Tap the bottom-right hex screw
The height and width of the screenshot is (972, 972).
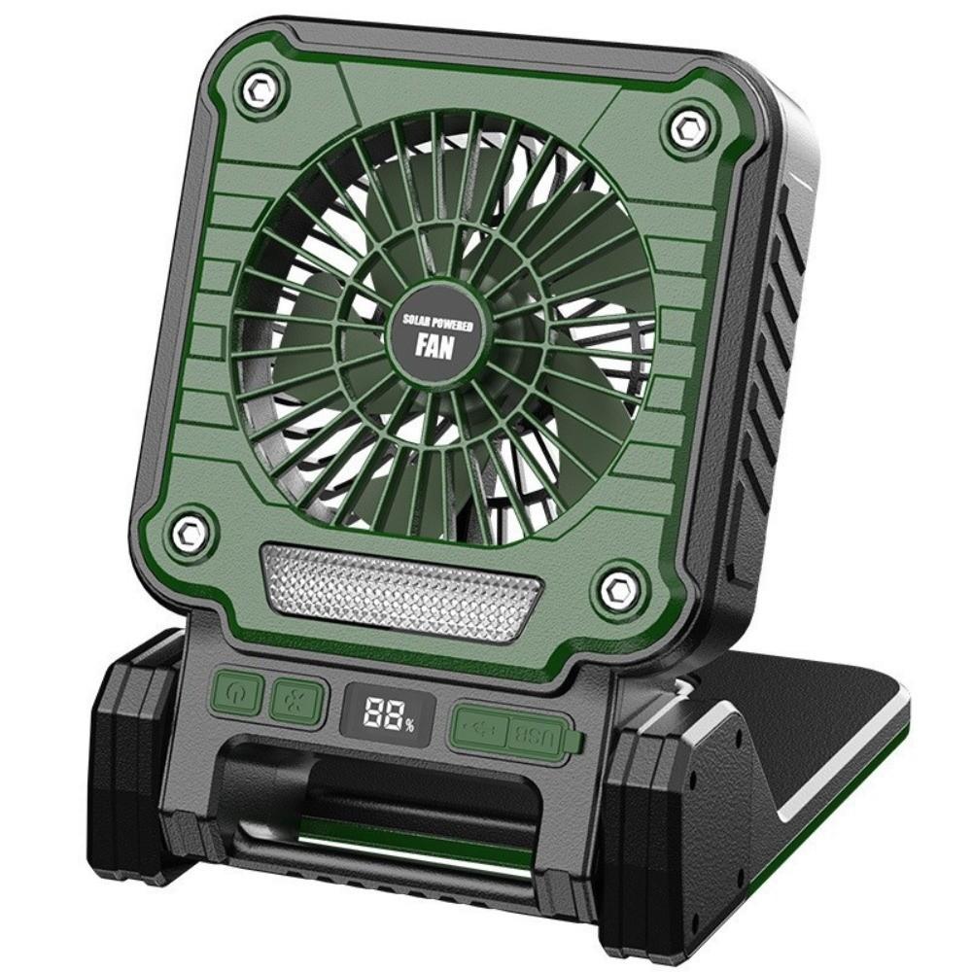(x=616, y=585)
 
